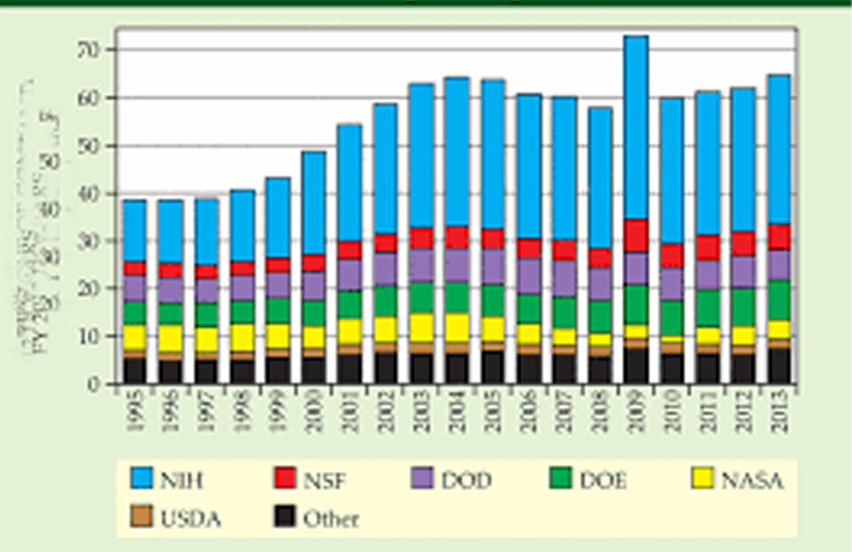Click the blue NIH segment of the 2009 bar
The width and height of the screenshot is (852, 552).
(636, 128)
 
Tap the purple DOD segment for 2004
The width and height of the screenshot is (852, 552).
(456, 265)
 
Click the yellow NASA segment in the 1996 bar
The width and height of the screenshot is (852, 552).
(170, 337)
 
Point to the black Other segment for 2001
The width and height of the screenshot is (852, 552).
(349, 368)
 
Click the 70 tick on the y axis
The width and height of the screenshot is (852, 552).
(92, 50)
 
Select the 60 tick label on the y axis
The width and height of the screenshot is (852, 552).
(92, 97)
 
